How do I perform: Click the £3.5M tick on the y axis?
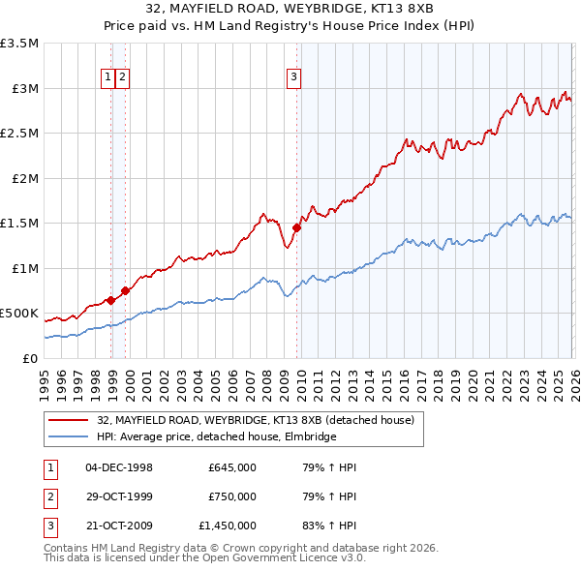pyautogui.click(x=19, y=44)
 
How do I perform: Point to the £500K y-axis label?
pyautogui.click(x=19, y=314)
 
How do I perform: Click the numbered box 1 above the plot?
pyautogui.click(x=109, y=79)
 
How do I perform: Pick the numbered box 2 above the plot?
pyautogui.click(x=125, y=79)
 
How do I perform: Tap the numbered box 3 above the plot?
pyautogui.click(x=294, y=79)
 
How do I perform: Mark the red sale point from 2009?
pyautogui.click(x=297, y=228)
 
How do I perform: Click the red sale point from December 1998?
pyautogui.click(x=110, y=300)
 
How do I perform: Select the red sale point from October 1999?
pyautogui.click(x=126, y=290)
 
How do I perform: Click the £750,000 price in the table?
pyautogui.click(x=232, y=496)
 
